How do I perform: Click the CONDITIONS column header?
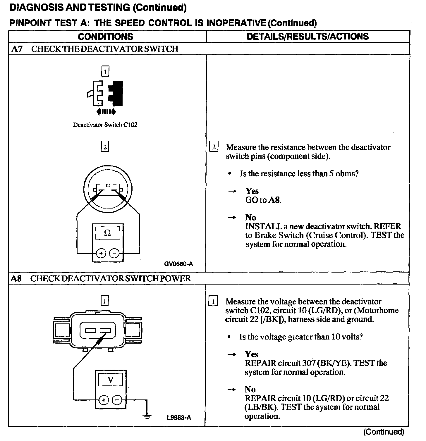[105, 37]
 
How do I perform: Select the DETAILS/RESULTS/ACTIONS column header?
[308, 37]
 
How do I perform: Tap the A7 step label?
[16, 49]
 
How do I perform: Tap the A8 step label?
[16, 278]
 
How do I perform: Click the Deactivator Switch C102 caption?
[105, 125]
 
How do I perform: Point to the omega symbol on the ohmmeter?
[107, 233]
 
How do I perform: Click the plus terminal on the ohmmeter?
[101, 253]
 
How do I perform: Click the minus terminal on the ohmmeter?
[114, 253]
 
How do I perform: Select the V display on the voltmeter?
[110, 380]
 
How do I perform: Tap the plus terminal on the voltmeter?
[104, 400]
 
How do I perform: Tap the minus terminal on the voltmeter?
[117, 400]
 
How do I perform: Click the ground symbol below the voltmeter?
[147, 416]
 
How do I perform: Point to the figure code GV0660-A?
[178, 264]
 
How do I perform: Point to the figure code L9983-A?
[179, 417]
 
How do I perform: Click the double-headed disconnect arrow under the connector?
[106, 111]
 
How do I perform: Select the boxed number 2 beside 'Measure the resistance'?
[214, 147]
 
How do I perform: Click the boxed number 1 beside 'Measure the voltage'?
[213, 302]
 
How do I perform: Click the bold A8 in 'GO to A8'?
[274, 200]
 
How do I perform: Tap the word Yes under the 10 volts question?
[251, 354]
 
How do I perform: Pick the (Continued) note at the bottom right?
[383, 432]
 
